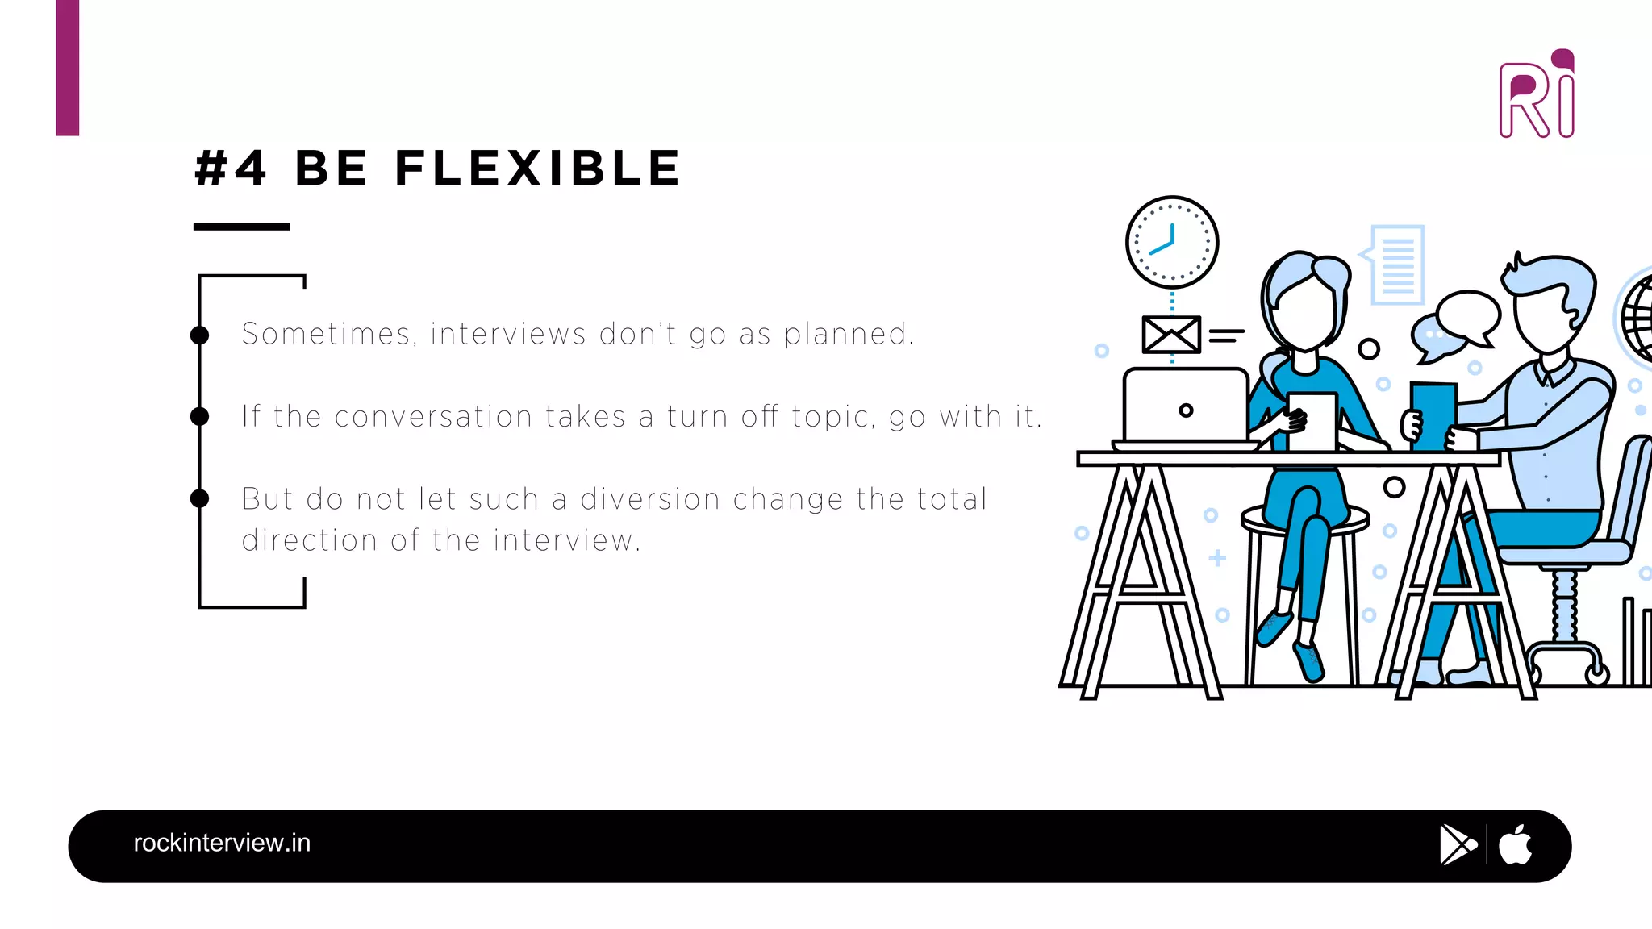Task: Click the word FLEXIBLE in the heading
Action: tap(538, 169)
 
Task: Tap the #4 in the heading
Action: tap(231, 169)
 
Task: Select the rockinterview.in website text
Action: tap(222, 843)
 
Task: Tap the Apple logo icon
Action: tap(1515, 845)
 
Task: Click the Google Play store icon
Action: tap(1457, 845)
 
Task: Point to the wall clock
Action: tap(1171, 242)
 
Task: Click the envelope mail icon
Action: tap(1171, 334)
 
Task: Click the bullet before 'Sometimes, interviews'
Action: tap(199, 335)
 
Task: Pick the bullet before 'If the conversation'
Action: tap(199, 416)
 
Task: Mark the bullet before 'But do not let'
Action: tap(199, 498)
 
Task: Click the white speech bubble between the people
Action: tap(1468, 315)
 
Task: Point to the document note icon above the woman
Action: tap(1397, 265)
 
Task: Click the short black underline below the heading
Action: tap(241, 227)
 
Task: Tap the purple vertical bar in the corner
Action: tap(68, 68)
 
